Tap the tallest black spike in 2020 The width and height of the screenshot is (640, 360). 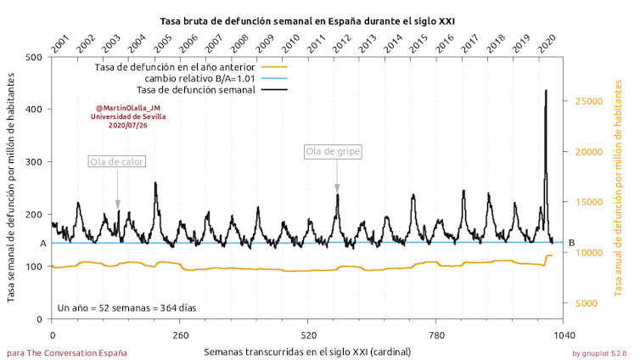tap(546, 92)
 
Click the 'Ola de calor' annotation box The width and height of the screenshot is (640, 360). tap(117, 161)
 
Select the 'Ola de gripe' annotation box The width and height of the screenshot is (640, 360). tap(334, 151)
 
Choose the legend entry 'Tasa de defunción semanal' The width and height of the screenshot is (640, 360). tap(195, 90)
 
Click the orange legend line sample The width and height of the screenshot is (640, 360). tap(273, 66)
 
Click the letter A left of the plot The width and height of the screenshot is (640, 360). tap(42, 244)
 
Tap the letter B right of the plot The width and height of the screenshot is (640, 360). tap(571, 243)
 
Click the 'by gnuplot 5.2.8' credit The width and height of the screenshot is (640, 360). tap(599, 352)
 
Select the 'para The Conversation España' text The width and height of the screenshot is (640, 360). tap(67, 352)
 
